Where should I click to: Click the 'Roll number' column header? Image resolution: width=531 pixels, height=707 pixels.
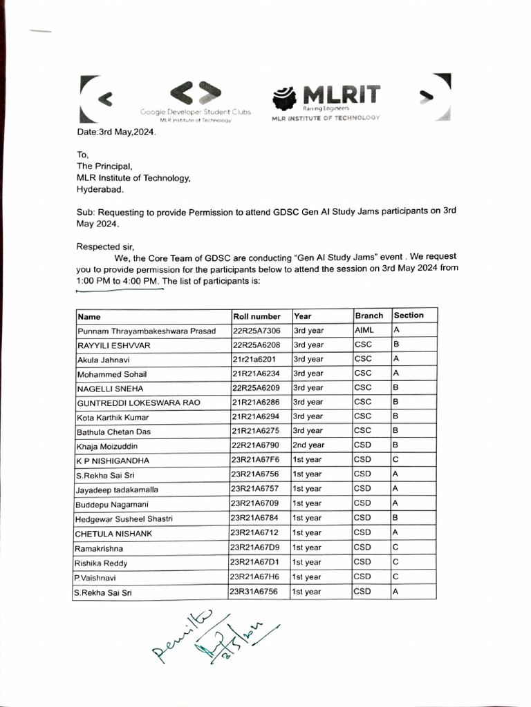click(257, 316)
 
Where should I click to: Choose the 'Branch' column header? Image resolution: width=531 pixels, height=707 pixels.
click(369, 316)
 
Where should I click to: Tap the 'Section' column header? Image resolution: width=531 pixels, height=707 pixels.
click(409, 316)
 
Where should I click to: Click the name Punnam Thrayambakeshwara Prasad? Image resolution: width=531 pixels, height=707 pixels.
click(147, 331)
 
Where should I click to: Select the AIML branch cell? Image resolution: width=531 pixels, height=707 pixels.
click(364, 331)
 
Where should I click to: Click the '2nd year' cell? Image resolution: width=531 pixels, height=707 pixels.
click(308, 445)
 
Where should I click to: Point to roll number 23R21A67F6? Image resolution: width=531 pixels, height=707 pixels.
click(257, 460)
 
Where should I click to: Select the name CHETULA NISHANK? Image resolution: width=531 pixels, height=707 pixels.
click(114, 534)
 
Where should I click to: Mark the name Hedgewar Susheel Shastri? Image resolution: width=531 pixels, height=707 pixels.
click(124, 519)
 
